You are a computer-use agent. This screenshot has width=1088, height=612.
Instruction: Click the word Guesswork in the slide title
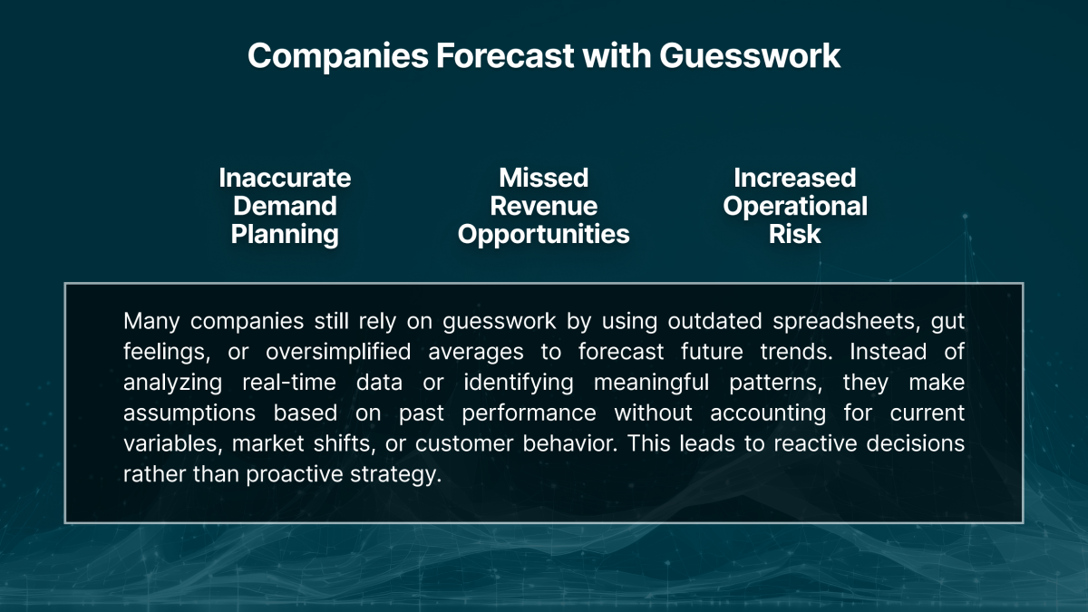coord(750,56)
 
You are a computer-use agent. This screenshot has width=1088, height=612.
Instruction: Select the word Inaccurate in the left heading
coord(285,178)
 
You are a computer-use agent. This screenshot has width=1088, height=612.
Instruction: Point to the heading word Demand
coord(285,206)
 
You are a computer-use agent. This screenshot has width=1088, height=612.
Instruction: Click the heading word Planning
coord(285,235)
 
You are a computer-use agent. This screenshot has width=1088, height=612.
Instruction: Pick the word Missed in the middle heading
coord(543,178)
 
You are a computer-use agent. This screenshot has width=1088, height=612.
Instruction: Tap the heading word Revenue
coord(543,206)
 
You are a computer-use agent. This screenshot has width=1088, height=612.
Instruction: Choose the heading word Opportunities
coord(543,235)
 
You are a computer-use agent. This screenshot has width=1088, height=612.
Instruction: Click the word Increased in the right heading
coord(794,178)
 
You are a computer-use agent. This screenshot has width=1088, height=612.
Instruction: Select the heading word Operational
coord(794,206)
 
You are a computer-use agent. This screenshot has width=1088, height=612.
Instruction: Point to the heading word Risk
coord(794,235)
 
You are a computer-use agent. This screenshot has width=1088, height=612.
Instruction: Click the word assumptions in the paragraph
coord(190,413)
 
